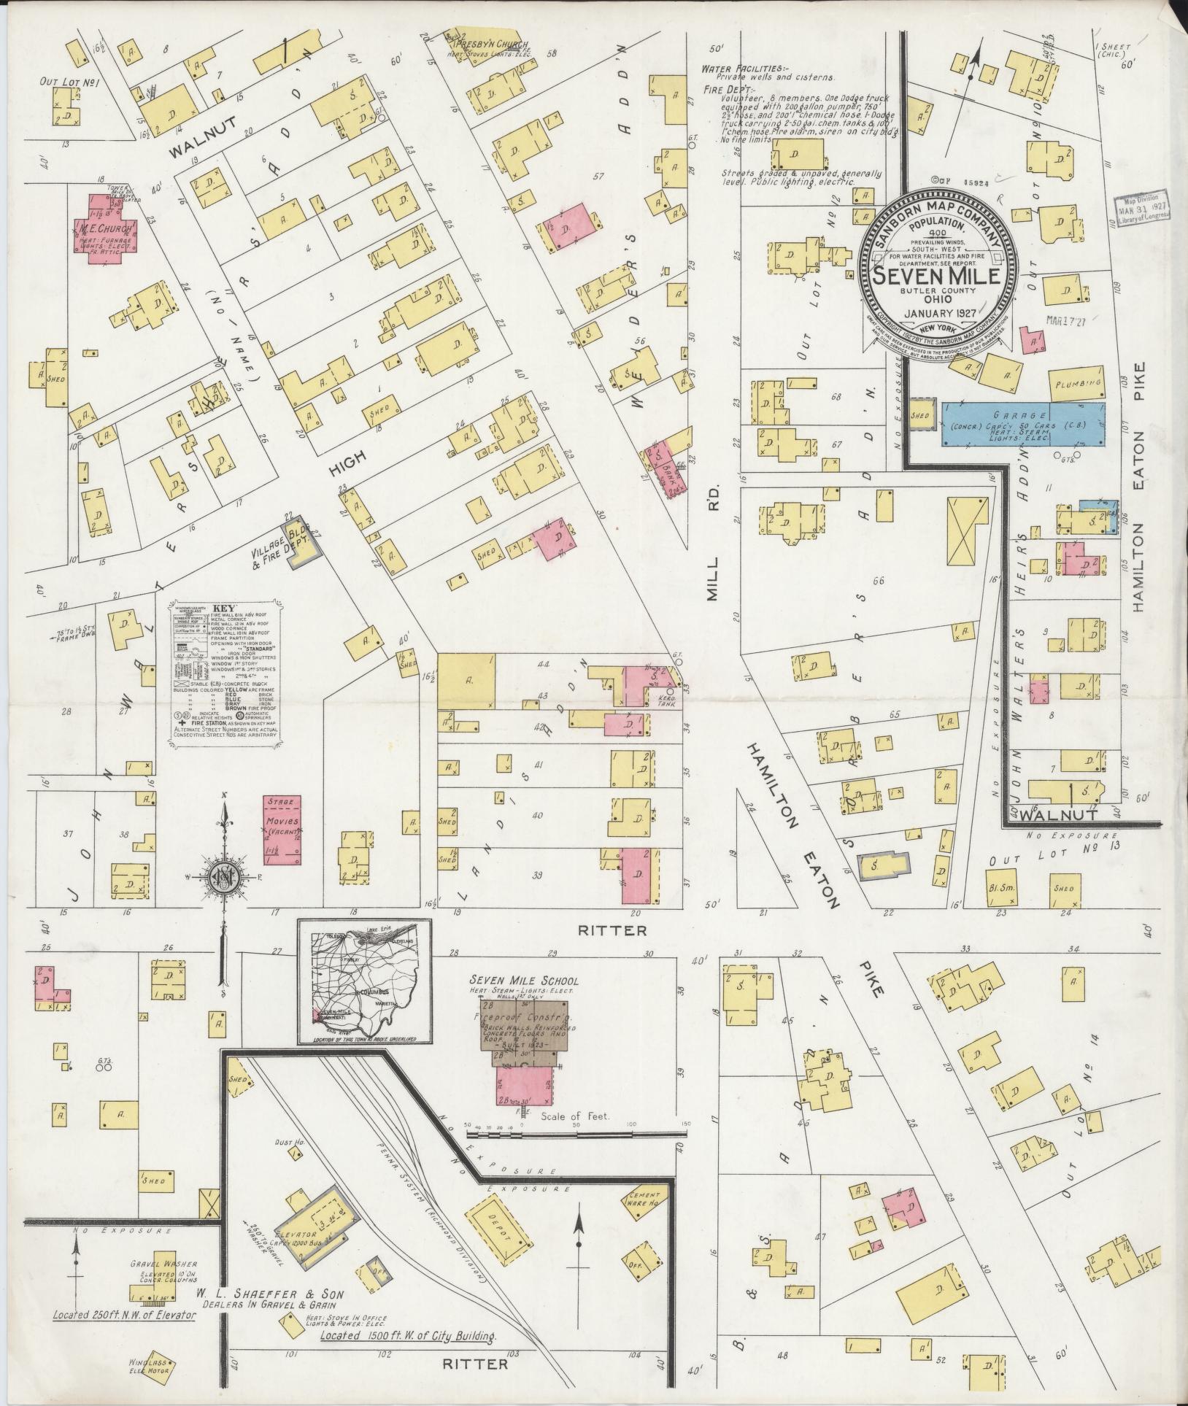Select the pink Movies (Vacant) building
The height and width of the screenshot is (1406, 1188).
[x=282, y=831]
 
